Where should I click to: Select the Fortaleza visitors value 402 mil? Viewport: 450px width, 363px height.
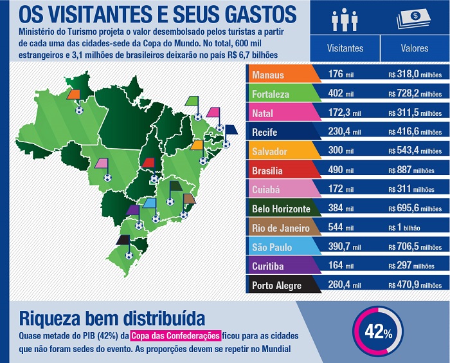pyautogui.click(x=341, y=94)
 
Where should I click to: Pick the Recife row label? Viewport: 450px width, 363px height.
pyautogui.click(x=264, y=132)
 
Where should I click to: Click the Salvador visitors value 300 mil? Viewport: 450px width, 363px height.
pyautogui.click(x=341, y=151)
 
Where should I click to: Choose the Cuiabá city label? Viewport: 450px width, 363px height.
pyautogui.click(x=265, y=190)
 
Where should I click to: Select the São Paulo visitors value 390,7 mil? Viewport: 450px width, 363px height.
pyautogui.click(x=344, y=247)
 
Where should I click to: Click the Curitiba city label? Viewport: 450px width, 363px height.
pyautogui.click(x=266, y=266)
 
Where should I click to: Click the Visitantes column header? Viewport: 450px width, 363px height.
pyautogui.click(x=345, y=48)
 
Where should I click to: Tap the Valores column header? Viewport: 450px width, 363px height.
pyautogui.click(x=415, y=48)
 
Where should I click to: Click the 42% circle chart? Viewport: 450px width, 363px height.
pyautogui.click(x=379, y=332)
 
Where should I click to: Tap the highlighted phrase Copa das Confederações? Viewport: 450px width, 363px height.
pyautogui.click(x=175, y=335)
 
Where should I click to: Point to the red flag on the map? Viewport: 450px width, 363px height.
pyautogui.click(x=148, y=162)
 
